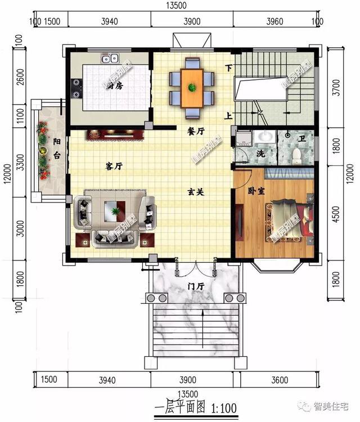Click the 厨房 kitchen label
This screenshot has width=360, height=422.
point(115,86)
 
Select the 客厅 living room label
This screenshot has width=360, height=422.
point(115,167)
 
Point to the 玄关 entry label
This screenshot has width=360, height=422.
point(195,192)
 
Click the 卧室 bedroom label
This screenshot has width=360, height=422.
point(256,191)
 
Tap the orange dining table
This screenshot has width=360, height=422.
point(192,88)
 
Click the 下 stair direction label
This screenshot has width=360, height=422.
point(228,69)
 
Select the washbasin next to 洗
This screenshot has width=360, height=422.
point(263,137)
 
